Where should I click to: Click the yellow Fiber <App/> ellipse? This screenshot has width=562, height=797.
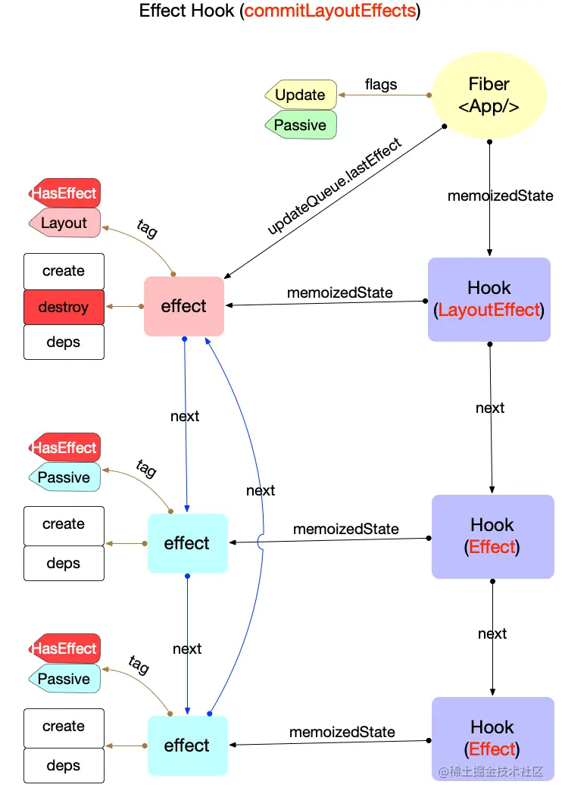pos(489,95)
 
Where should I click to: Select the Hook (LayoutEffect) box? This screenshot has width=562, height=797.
pos(489,298)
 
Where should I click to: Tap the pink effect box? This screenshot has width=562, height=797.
pos(184,306)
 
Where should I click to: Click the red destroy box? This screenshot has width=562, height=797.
pos(64,307)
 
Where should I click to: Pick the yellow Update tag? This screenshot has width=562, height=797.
pos(301,95)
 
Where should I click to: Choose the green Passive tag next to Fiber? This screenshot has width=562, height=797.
pos(301,125)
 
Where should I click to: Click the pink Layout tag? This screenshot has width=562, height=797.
pos(64,223)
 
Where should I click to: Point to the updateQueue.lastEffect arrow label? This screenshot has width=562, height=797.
pos(334,186)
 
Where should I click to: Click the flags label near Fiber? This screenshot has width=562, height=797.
pos(380,84)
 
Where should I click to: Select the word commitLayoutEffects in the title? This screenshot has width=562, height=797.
pos(330,11)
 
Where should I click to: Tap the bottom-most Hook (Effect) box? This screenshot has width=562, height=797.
pos(492,738)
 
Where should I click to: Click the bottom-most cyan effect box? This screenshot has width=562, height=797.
pos(187,745)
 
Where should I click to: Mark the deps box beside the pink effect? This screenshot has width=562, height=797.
pos(64,342)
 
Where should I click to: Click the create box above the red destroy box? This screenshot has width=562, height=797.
pos(64,271)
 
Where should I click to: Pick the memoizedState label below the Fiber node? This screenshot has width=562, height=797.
pos(501,195)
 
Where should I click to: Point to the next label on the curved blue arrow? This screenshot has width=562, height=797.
pos(261,490)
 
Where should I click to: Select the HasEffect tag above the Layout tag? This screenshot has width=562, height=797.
pos(64,193)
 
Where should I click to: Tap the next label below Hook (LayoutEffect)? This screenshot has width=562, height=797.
pos(490,408)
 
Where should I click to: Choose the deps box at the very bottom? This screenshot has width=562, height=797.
pos(64,765)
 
